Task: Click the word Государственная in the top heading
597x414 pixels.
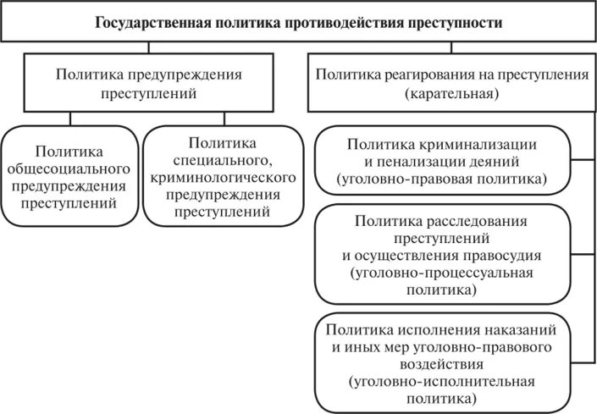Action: point(153,23)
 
